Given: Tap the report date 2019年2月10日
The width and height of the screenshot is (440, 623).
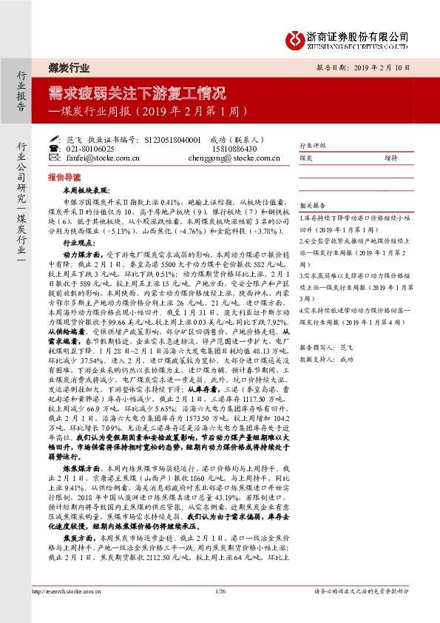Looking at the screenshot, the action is (390, 67).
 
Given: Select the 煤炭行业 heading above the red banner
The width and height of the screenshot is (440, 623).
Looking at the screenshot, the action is (69, 68).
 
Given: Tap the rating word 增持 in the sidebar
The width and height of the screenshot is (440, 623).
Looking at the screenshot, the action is (390, 158).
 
